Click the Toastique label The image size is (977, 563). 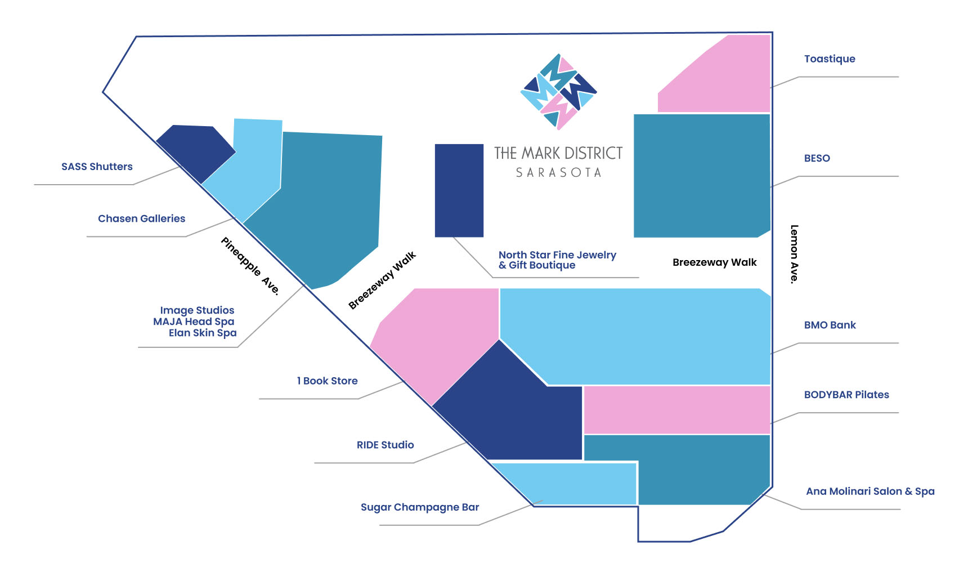(830, 59)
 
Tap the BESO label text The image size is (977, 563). (817, 158)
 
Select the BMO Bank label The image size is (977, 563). (830, 325)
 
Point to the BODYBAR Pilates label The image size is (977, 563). (846, 395)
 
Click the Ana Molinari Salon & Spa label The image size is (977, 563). (870, 491)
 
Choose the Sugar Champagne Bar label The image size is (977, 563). (420, 507)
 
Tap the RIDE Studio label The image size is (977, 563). (386, 445)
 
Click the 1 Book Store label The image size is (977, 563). (328, 381)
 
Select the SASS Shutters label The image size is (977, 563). (97, 167)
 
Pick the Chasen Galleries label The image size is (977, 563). (142, 218)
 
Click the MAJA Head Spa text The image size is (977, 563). (194, 321)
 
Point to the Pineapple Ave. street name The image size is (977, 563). (250, 266)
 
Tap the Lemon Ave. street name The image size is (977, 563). (794, 254)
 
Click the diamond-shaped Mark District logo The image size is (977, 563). (559, 92)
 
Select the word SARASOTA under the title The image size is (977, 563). (559, 173)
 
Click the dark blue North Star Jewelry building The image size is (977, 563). (459, 190)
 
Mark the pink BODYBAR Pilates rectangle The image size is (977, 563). (677, 410)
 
